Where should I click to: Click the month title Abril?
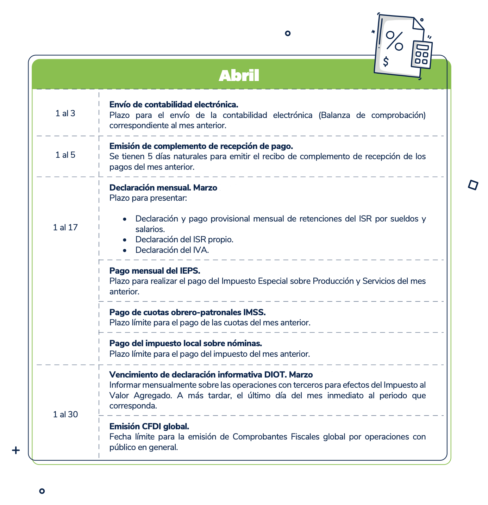coord(239,75)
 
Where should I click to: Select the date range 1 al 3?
coord(65,113)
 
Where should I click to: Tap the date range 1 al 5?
coord(65,155)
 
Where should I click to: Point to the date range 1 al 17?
coord(65,227)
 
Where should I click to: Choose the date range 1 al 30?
coord(65,414)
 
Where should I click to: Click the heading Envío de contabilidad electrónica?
coord(174,105)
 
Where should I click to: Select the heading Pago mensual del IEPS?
coord(155,271)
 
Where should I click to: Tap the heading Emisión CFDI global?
coord(149,426)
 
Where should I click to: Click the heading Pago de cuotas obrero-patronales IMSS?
coord(187,312)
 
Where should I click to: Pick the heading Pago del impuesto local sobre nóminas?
coord(186,343)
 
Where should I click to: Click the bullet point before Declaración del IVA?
coord(125,250)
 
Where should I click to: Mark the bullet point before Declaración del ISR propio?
coord(125,240)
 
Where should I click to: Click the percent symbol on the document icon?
coord(394,40)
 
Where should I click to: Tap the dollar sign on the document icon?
coord(386,62)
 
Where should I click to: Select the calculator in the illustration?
coord(421,55)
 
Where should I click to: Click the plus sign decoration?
coord(15,450)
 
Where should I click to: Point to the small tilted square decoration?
coord(473,185)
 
